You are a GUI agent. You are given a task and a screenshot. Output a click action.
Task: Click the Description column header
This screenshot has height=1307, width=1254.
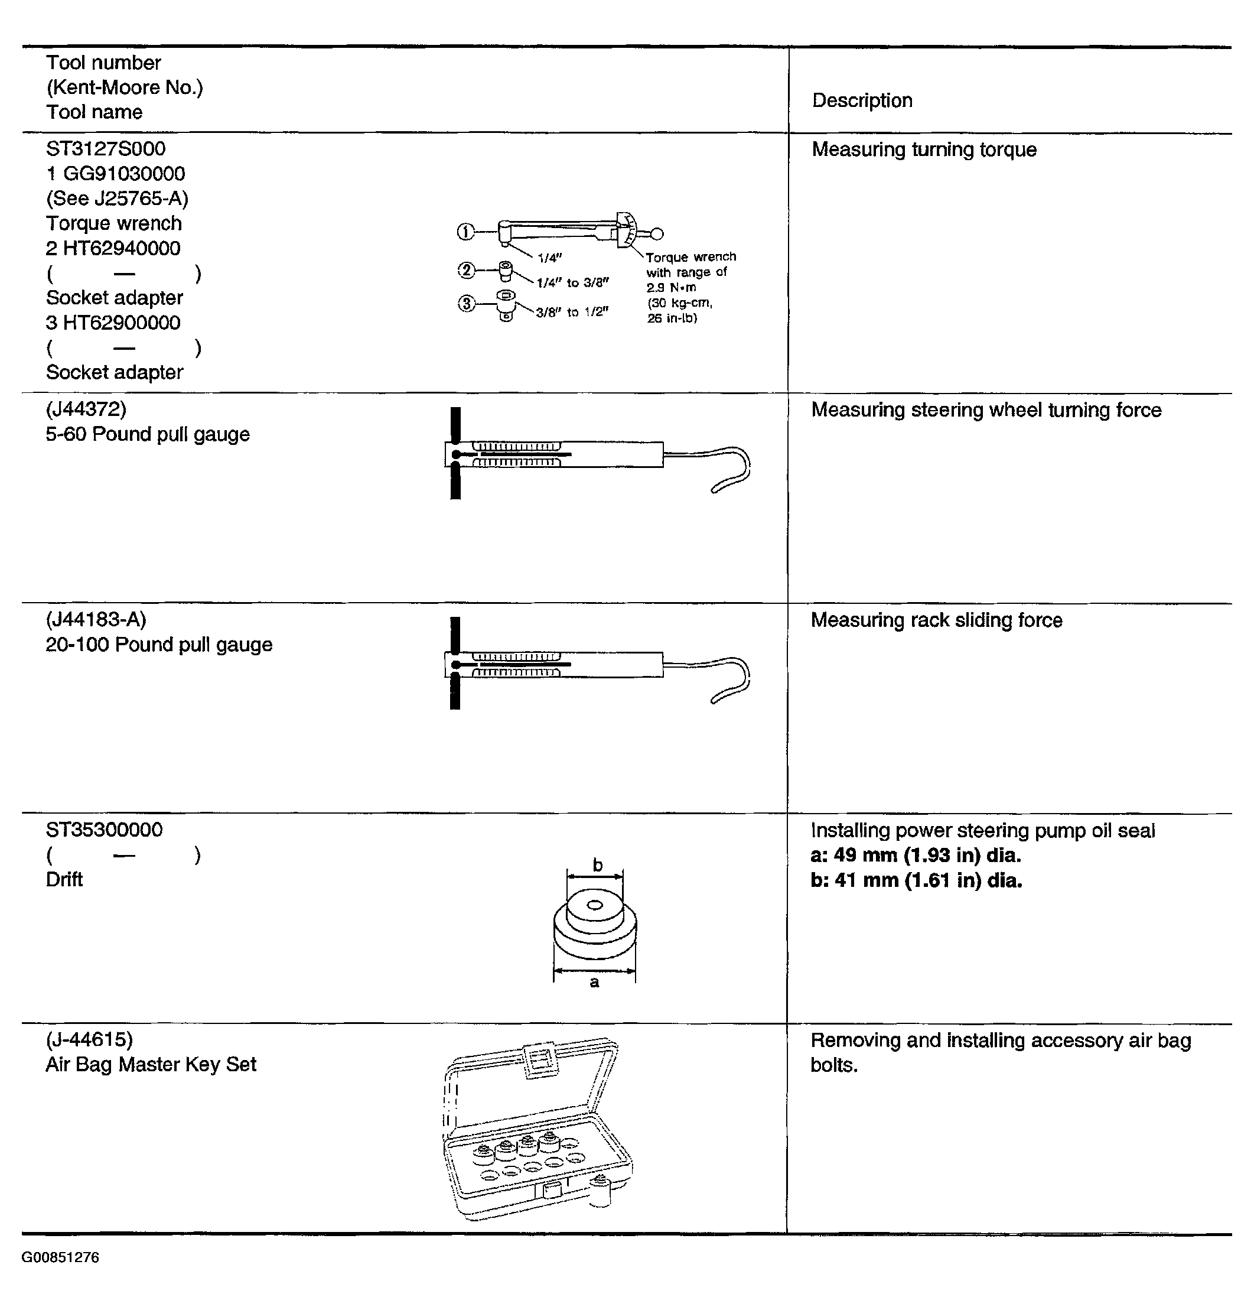coord(862,100)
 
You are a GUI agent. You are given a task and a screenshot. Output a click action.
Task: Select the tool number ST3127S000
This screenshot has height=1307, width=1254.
coord(105,149)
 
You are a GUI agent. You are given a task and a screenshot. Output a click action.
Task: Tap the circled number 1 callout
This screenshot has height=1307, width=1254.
coord(465,232)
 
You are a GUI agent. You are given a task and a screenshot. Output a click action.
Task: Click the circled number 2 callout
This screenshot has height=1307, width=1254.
coord(466,270)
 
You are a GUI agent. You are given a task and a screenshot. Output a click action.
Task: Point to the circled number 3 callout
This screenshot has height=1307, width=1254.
coord(466,304)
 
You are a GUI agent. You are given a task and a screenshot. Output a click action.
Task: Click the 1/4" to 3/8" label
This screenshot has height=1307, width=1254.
coord(573,283)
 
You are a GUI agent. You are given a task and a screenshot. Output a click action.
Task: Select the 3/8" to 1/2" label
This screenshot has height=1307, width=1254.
coord(573,312)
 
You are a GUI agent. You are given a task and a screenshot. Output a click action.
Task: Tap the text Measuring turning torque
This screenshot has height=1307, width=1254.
coord(923,150)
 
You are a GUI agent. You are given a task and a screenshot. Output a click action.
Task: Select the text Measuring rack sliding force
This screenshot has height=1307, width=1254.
coord(936,620)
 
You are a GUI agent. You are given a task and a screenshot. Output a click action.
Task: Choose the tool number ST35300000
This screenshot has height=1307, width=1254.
coord(104,830)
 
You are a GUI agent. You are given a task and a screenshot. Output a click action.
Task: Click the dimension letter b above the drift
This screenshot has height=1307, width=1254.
coord(597,866)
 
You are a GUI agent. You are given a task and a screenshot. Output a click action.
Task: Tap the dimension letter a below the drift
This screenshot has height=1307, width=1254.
coord(594,982)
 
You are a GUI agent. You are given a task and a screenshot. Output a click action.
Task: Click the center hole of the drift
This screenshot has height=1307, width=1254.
coord(595,905)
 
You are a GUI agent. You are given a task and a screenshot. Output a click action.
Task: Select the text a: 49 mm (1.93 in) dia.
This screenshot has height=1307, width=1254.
coord(916,856)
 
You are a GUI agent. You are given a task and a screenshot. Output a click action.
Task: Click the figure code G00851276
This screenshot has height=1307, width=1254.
coord(61,1257)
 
